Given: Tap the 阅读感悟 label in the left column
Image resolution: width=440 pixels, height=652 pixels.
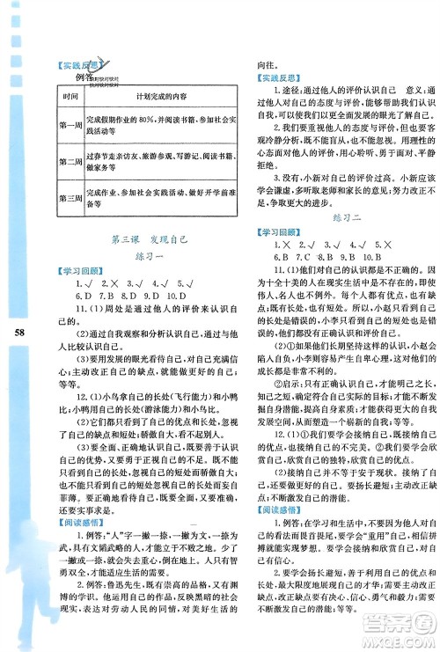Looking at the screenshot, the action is click(x=76, y=525).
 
